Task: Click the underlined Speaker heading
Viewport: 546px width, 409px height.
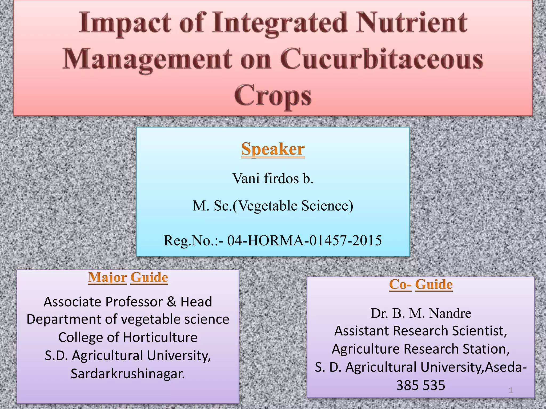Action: click(273, 149)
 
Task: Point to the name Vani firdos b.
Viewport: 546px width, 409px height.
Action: click(273, 178)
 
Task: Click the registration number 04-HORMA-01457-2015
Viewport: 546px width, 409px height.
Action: click(304, 240)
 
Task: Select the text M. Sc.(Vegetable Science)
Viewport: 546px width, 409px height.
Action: click(273, 206)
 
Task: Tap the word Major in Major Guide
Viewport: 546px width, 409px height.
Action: click(107, 277)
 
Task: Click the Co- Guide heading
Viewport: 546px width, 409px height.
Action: click(421, 284)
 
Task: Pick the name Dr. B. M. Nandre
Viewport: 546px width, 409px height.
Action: click(421, 313)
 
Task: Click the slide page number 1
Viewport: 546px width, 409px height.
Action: click(511, 390)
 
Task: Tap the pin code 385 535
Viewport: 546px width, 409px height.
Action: click(421, 385)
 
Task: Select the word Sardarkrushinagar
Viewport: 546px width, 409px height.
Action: click(128, 374)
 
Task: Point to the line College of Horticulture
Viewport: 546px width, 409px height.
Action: click(128, 337)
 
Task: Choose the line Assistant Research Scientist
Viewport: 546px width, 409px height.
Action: click(421, 331)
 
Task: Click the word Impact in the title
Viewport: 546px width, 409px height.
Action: click(125, 23)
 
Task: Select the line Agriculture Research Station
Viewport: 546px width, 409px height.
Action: click(421, 349)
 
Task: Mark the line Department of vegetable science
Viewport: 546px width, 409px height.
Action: click(128, 319)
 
